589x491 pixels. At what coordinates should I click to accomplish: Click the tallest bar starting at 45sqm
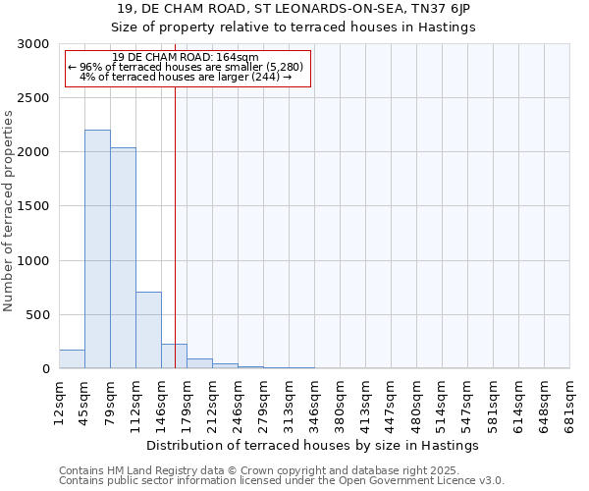pos(97,249)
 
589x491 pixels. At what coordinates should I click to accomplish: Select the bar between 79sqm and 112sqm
pos(123,258)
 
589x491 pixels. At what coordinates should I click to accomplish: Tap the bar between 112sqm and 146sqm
pos(148,330)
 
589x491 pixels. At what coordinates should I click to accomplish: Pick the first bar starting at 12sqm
pos(72,359)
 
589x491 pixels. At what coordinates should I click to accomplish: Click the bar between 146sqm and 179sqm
pos(174,356)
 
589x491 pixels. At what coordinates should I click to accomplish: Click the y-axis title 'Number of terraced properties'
pos(9,211)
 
